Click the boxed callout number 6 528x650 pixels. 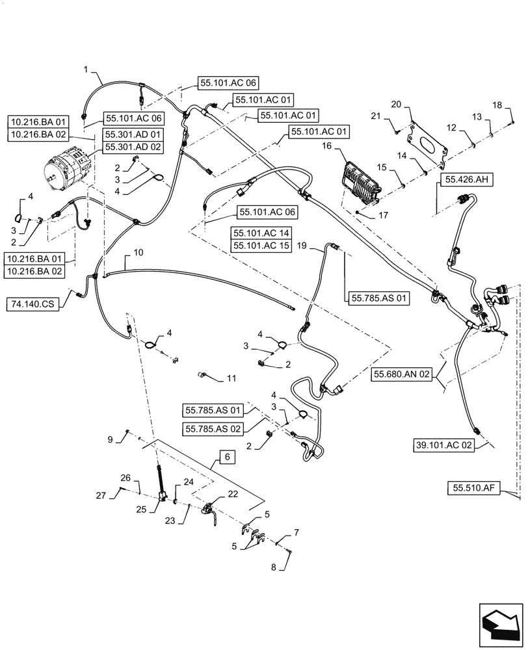click(x=227, y=458)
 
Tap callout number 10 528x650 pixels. click(x=137, y=252)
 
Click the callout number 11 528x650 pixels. click(x=231, y=378)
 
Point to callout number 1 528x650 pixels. click(x=85, y=68)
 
